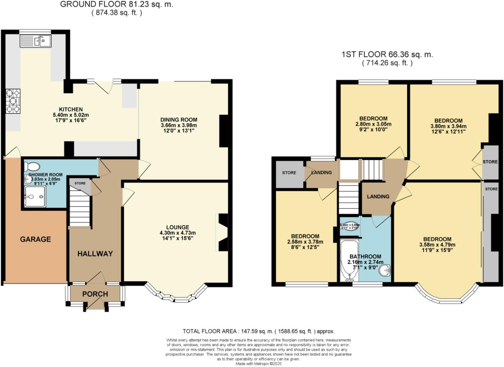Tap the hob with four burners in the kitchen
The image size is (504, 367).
(13, 101)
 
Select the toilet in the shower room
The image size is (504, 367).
(32, 167)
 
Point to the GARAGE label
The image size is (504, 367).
(35, 239)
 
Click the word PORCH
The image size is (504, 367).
(95, 294)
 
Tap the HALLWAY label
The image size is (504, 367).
(95, 254)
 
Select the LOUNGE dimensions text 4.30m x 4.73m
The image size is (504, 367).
(178, 233)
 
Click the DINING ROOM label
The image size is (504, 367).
(179, 120)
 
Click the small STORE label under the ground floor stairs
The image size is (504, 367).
(80, 183)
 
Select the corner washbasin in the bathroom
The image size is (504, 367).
(385, 271)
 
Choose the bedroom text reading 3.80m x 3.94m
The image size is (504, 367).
(448, 126)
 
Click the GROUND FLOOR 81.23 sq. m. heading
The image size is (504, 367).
(116, 4)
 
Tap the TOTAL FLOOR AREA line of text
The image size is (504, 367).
(258, 331)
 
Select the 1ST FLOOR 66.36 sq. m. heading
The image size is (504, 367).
(387, 54)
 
